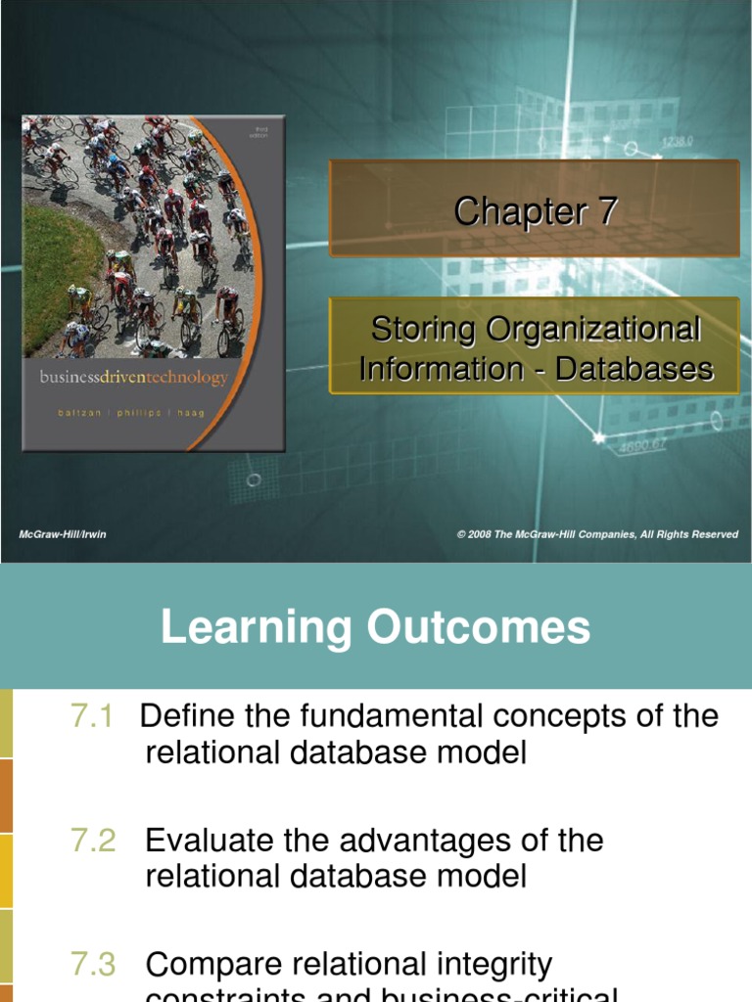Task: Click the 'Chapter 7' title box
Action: click(x=535, y=210)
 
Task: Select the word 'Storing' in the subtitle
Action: click(x=420, y=330)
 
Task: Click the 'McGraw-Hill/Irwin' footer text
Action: click(x=63, y=534)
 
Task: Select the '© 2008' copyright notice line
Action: click(x=597, y=534)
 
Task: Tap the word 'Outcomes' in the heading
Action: click(x=480, y=627)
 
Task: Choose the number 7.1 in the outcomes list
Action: click(x=93, y=716)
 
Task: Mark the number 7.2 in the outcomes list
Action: click(x=93, y=841)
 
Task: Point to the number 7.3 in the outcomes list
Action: click(x=93, y=965)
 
